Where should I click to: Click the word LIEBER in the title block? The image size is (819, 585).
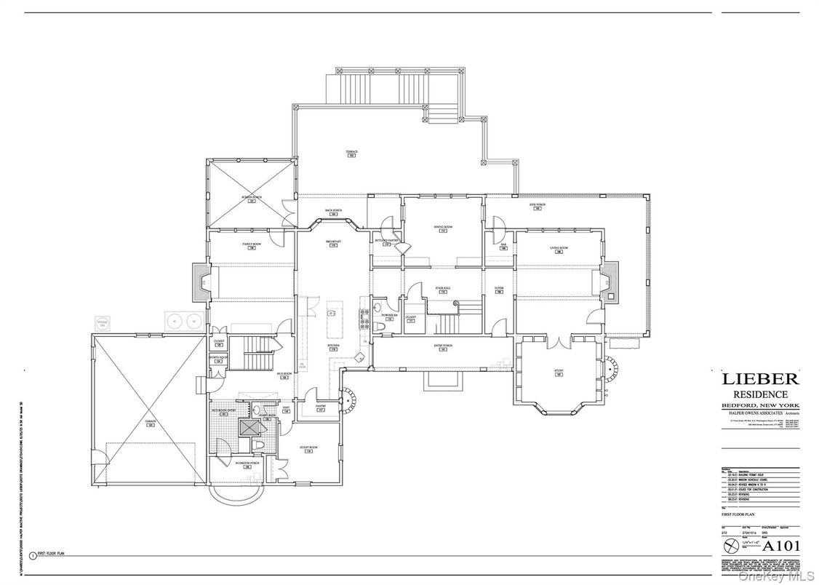tap(760, 378)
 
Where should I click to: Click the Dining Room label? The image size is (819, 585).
tap(444, 228)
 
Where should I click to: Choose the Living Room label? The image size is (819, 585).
tap(559, 249)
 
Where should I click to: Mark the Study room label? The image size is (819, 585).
tap(559, 372)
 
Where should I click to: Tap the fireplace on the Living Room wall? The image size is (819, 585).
tap(611, 282)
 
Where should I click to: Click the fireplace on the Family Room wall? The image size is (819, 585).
tap(199, 282)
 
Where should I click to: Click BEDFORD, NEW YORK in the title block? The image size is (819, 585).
tap(760, 405)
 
